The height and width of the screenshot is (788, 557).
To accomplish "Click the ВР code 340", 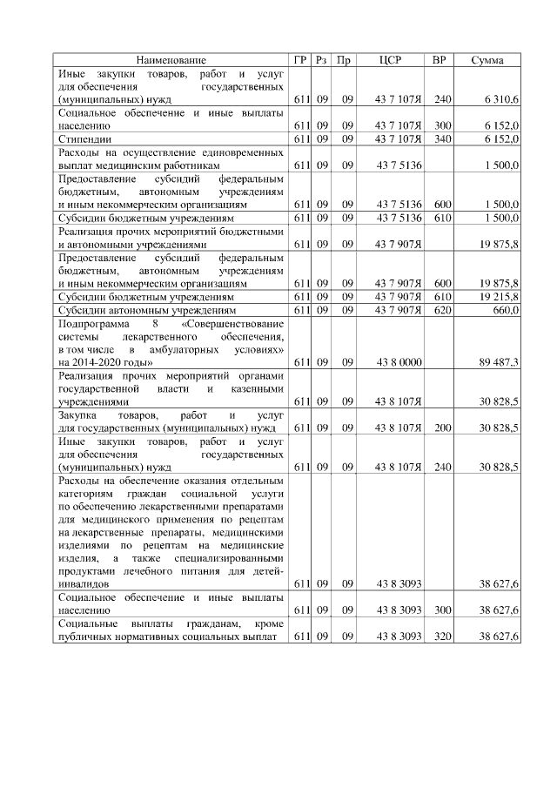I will coord(441,138).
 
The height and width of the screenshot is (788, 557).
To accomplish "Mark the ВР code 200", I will coord(441,428).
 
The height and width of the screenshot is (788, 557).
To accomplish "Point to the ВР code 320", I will coord(441,636).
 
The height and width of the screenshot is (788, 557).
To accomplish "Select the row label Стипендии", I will coord(84,138).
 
